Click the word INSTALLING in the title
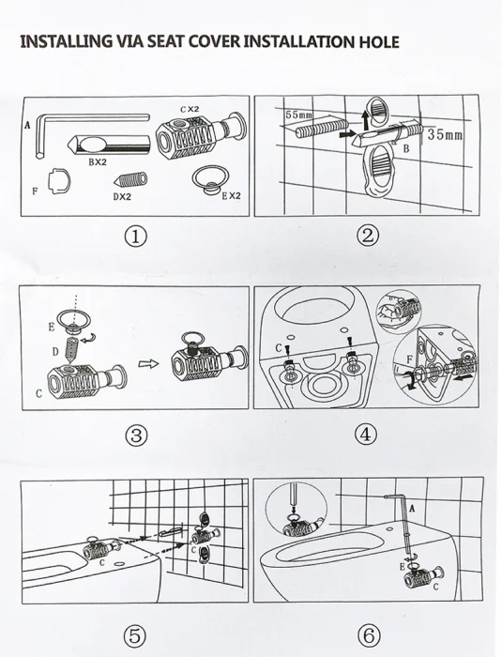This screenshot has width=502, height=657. click(x=65, y=41)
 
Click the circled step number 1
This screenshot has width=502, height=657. click(x=137, y=236)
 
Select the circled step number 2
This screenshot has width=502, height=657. click(x=368, y=236)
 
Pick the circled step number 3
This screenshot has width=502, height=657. click(x=137, y=435)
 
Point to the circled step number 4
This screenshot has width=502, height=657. click(x=368, y=435)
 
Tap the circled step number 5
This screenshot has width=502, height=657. click(x=137, y=635)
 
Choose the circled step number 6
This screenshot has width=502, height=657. click(x=368, y=635)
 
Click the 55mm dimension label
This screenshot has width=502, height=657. click(x=299, y=115)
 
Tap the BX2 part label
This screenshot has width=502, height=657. click(x=98, y=162)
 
